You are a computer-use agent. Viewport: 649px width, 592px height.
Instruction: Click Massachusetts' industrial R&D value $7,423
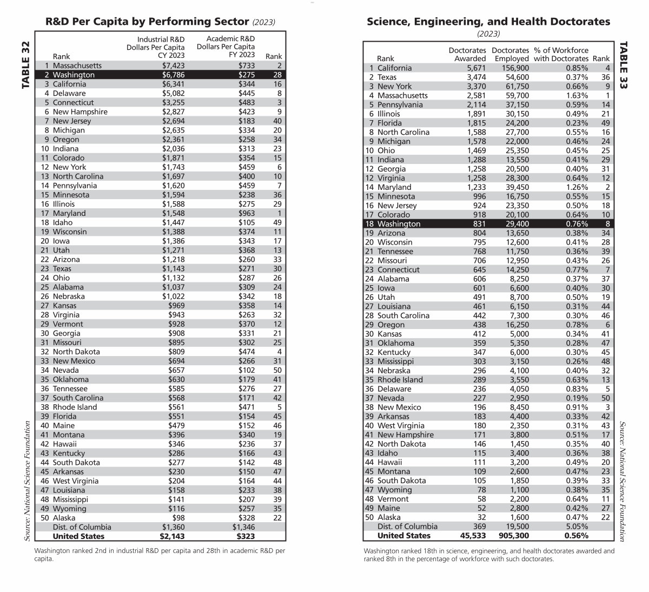(x=173, y=65)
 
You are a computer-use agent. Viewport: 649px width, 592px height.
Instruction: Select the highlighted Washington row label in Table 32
(x=74, y=75)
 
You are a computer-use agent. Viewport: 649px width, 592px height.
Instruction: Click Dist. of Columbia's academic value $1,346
(x=243, y=527)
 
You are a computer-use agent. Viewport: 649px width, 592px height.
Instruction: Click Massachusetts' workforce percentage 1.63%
(x=578, y=95)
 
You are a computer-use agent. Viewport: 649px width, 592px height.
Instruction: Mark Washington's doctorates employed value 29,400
(x=515, y=223)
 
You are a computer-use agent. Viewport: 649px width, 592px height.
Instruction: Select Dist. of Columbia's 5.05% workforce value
(x=578, y=527)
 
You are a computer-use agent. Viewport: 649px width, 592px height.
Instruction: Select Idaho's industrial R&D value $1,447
(x=173, y=222)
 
